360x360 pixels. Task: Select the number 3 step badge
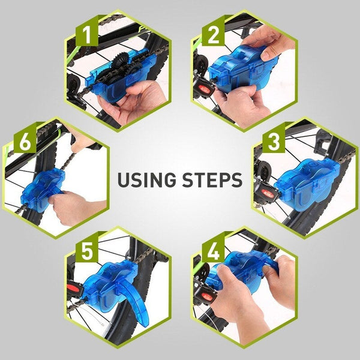tap(273, 143)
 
